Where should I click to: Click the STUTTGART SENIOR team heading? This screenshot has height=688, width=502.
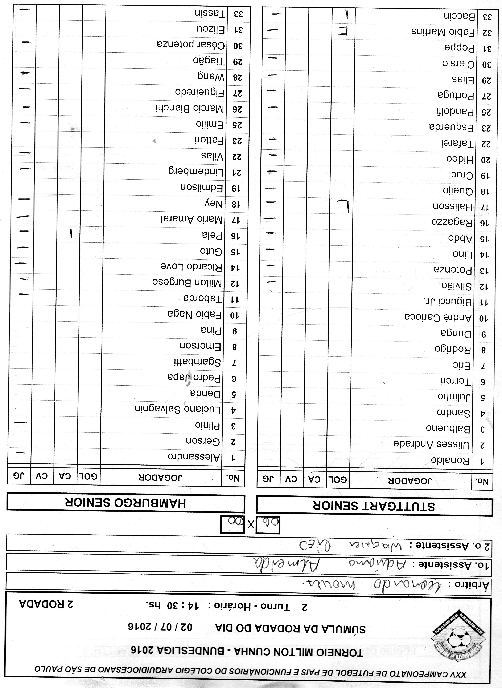[x=374, y=506]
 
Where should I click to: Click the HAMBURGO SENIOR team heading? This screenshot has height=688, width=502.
[x=125, y=503]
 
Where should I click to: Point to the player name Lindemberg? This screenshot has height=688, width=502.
[x=196, y=172]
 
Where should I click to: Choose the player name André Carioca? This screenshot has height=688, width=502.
[x=438, y=318]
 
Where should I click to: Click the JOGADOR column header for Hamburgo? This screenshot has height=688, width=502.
[x=160, y=477]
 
